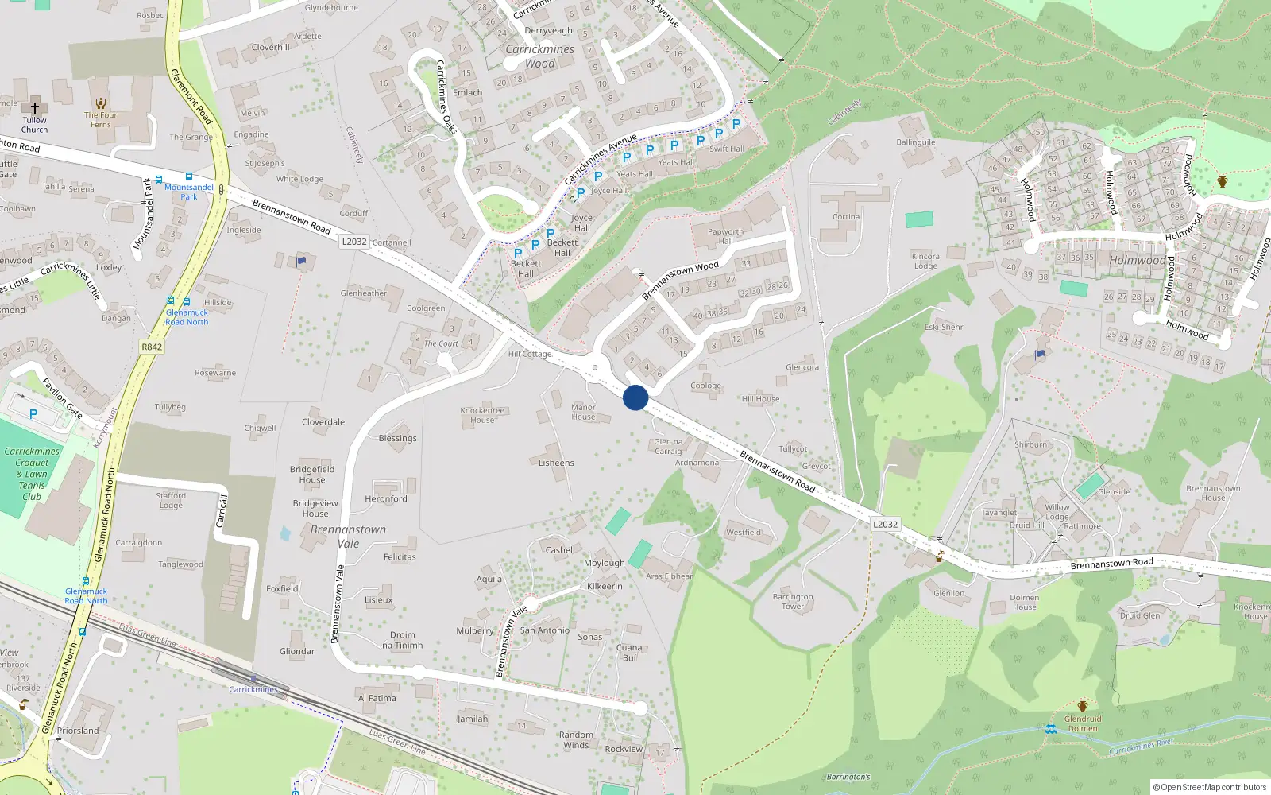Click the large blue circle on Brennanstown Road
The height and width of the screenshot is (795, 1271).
(x=635, y=397)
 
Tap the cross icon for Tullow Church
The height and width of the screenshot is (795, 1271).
(x=34, y=108)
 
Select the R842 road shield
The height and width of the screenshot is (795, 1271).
(x=152, y=347)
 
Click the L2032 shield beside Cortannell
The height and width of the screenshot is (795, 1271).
(x=354, y=242)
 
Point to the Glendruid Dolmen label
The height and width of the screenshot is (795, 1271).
(x=1082, y=723)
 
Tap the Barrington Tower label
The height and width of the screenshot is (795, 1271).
(x=792, y=601)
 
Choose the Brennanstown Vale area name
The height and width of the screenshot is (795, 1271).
(x=348, y=537)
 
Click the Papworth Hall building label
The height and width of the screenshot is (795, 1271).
(x=725, y=236)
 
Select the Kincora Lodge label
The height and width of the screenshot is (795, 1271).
(x=925, y=261)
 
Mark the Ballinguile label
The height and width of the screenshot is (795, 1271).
(x=916, y=142)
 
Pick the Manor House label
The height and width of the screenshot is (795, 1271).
(x=583, y=412)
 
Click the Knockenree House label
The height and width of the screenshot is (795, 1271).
(x=482, y=415)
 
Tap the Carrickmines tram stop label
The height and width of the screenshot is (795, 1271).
(x=253, y=689)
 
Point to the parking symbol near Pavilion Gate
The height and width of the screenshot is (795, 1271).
(x=33, y=414)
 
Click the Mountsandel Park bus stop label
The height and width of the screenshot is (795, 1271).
(x=189, y=192)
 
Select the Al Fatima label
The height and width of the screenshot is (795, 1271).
(x=377, y=698)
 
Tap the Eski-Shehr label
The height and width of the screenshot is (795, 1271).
(x=944, y=327)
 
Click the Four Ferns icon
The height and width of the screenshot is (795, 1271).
(x=101, y=104)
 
